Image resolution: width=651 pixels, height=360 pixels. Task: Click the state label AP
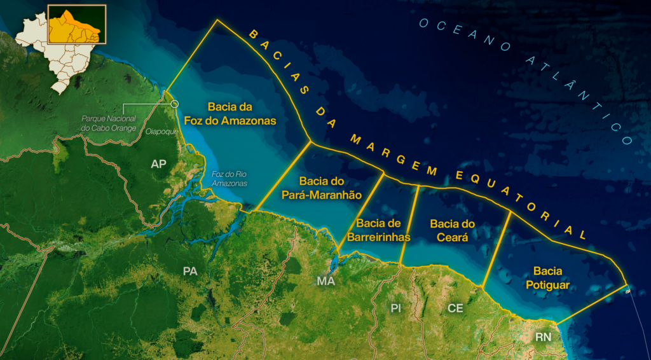coord(159,165)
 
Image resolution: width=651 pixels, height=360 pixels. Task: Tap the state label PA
coord(190,271)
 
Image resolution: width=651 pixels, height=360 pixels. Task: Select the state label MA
coord(325,281)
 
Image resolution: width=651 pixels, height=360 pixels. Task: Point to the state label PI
coord(396,308)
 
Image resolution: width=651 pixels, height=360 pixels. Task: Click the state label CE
coord(455,308)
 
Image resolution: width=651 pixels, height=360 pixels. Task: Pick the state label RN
coord(543,336)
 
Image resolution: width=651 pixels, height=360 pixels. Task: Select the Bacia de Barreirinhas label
coord(378,230)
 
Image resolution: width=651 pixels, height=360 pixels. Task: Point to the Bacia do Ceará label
coord(453,230)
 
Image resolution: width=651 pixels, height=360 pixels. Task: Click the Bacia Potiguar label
coord(547,278)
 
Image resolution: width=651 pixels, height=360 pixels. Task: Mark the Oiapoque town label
coord(159,132)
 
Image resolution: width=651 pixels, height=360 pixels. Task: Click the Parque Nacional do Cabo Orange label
coord(109,123)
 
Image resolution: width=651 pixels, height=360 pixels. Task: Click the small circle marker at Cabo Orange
coord(175,104)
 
